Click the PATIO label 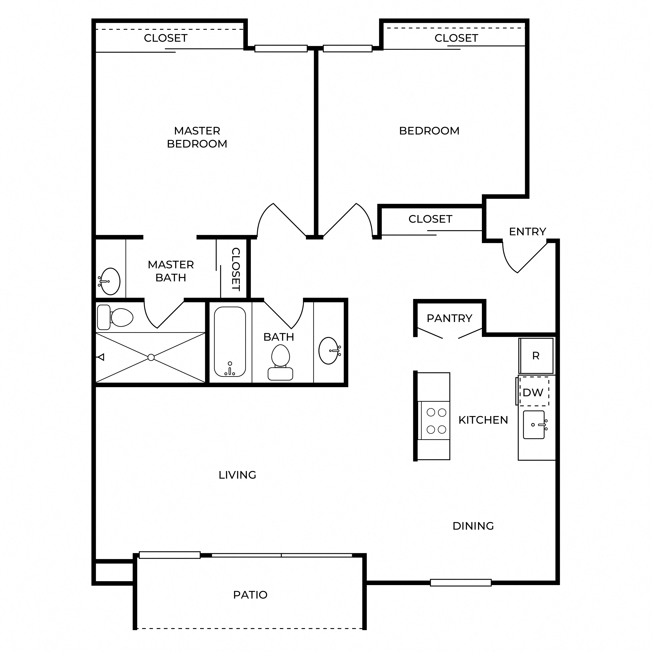tap(250, 595)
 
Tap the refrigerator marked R tap(536, 356)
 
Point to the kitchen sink tap(534, 425)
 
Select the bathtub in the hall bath tap(230, 342)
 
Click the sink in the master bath tap(110, 281)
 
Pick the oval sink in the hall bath tap(329, 351)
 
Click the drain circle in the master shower tap(151, 357)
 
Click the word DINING tap(473, 526)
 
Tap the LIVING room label tap(237, 475)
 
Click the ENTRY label tap(528, 232)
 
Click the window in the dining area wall tap(461, 582)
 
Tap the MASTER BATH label tap(171, 271)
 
